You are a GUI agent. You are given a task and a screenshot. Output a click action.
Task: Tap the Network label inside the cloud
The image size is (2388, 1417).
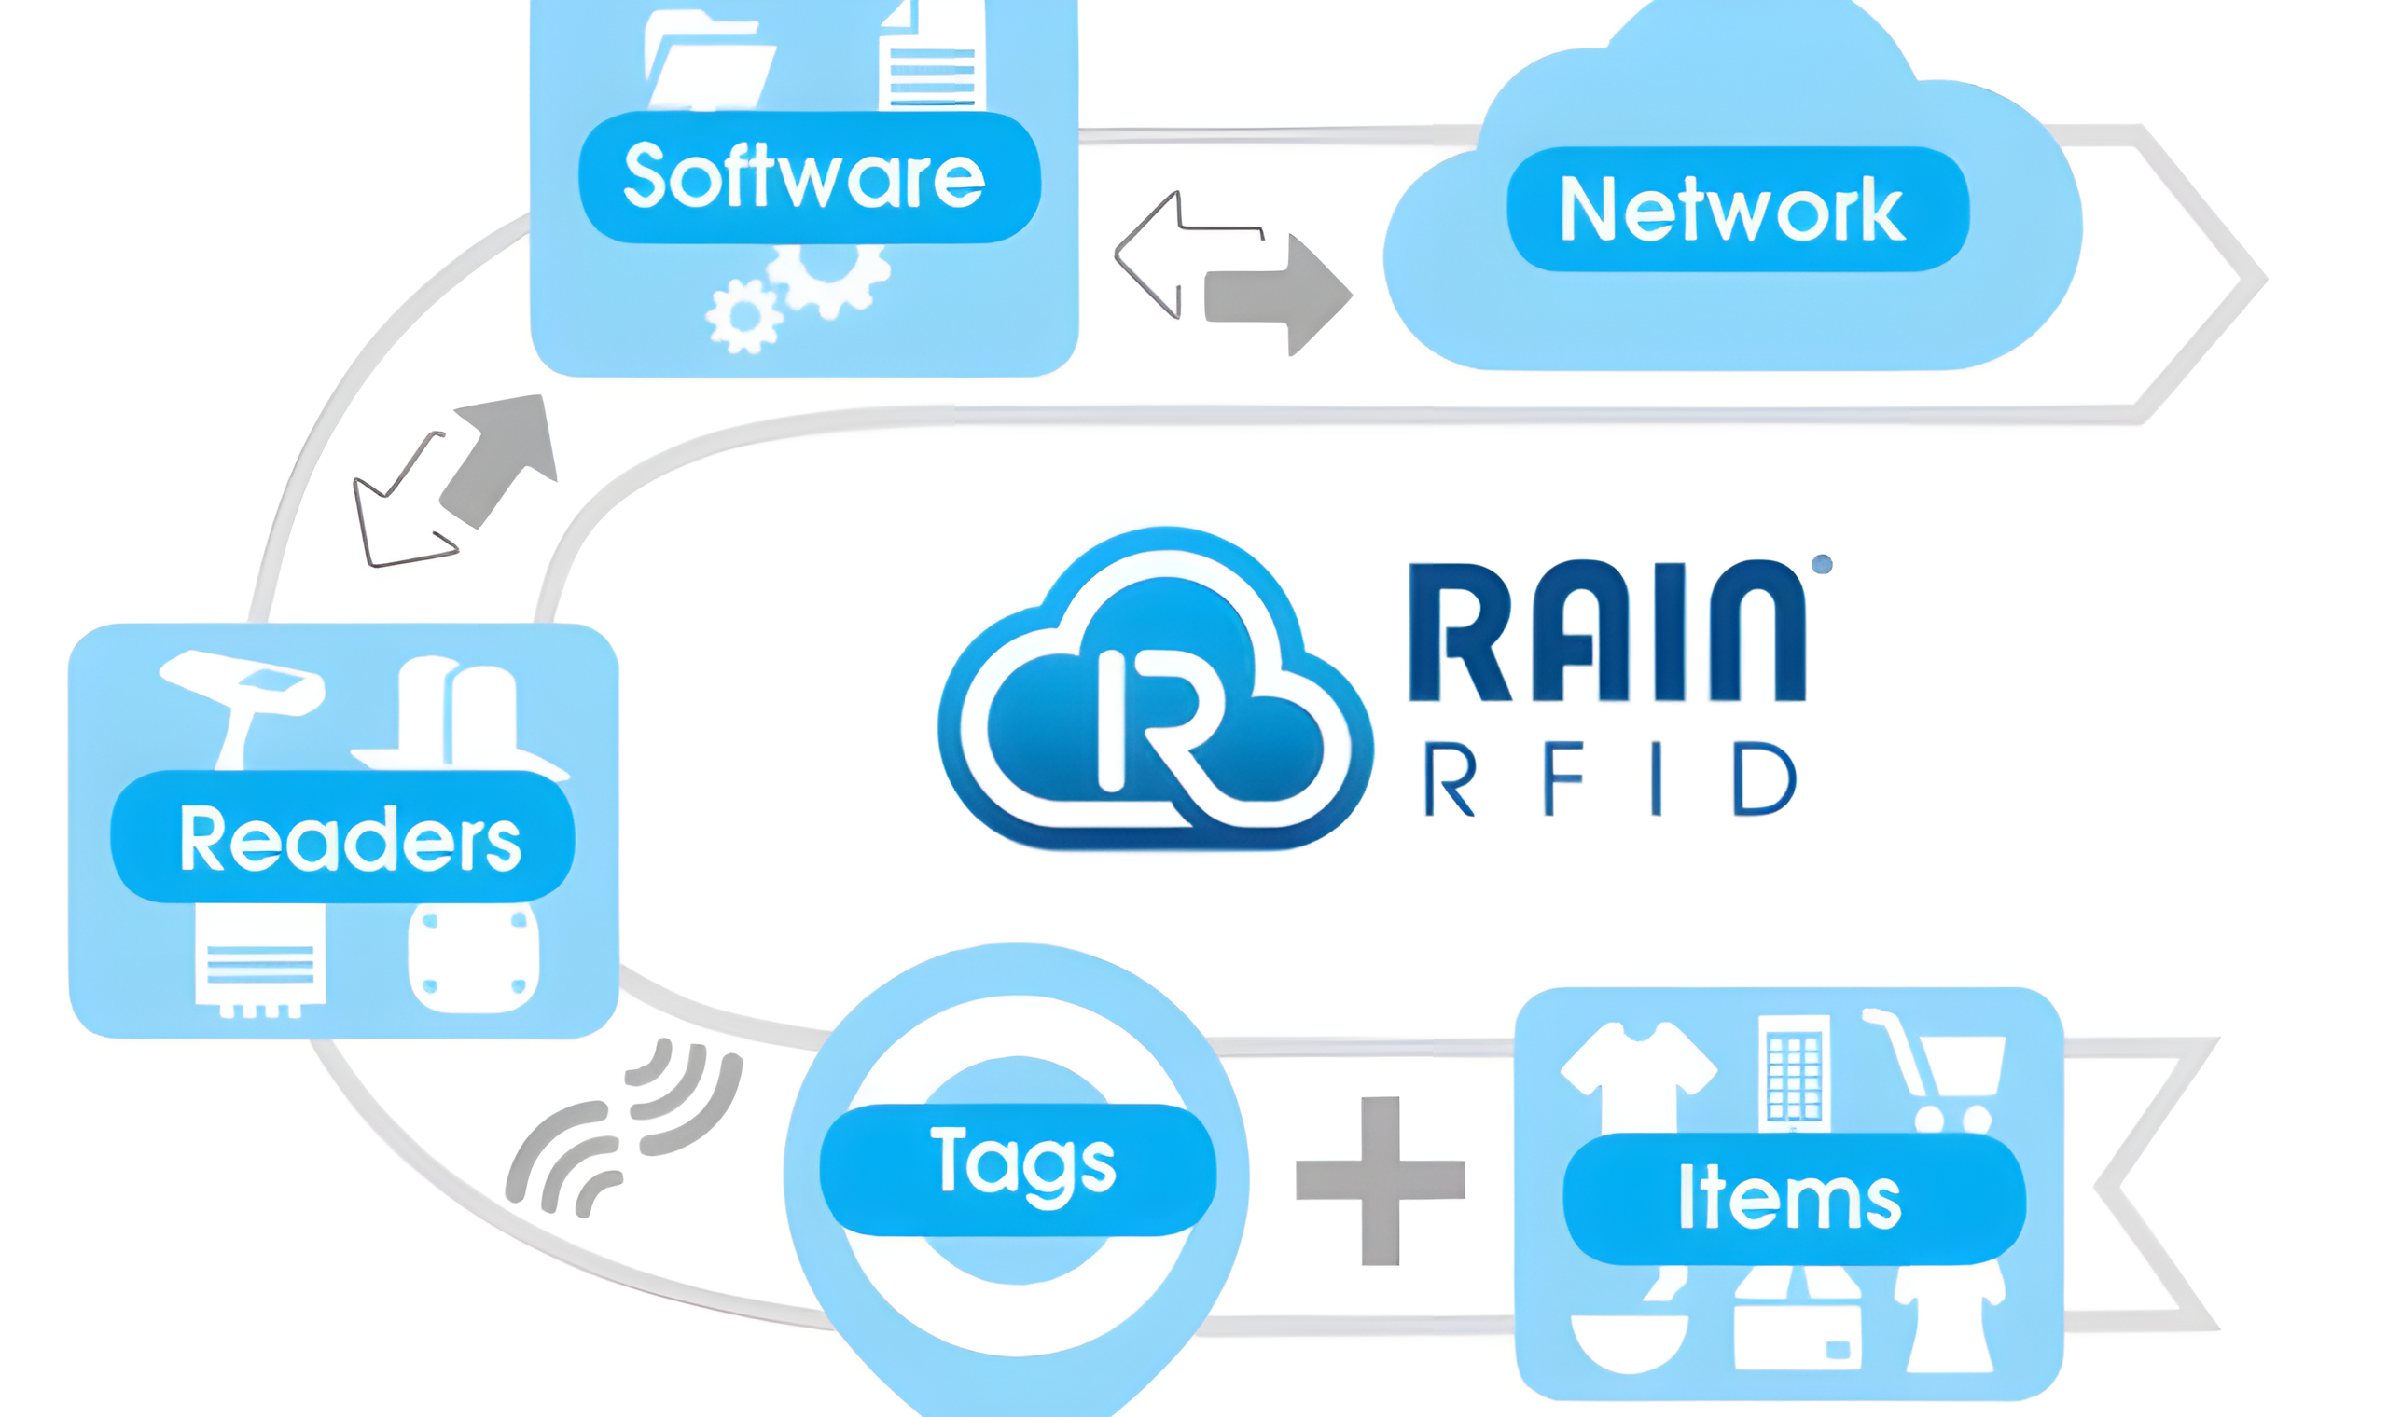[x=1737, y=209]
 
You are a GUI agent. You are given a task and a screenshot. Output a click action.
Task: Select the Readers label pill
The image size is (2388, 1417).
[x=342, y=836]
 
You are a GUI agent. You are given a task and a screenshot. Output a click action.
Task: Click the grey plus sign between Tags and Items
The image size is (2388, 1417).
[x=1380, y=1180]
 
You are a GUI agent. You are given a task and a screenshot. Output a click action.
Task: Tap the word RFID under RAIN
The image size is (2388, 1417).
[x=1608, y=780]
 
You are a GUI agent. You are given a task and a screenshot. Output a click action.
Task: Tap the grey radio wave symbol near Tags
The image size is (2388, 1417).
[x=626, y=1131]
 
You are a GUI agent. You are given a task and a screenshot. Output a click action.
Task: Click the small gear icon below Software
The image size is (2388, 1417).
[x=743, y=315]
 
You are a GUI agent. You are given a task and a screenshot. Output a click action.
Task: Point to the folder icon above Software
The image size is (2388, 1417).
[x=707, y=57]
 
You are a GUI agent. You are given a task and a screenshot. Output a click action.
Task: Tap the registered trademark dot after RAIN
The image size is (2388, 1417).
[x=1822, y=564]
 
